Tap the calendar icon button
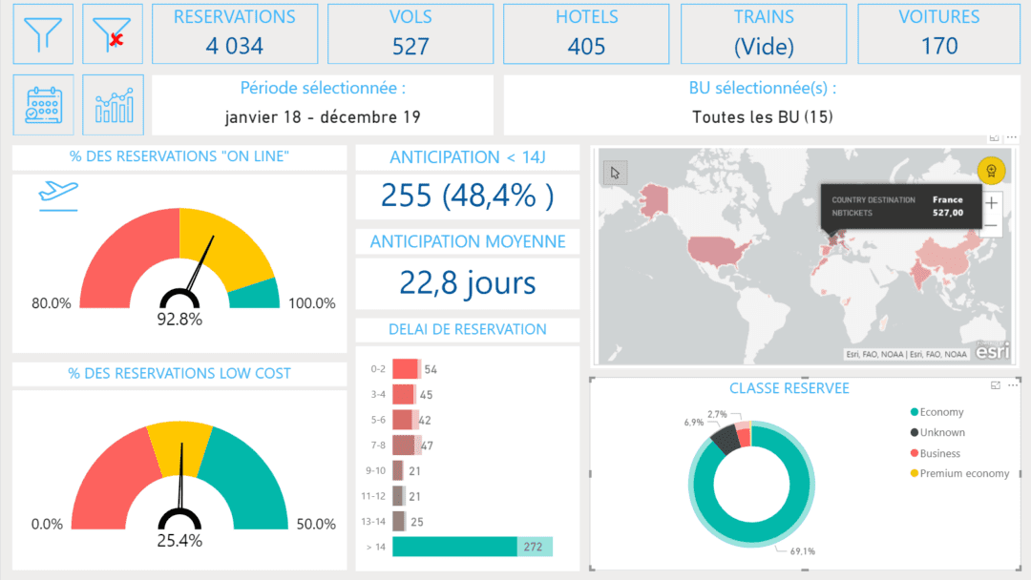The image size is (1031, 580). [43, 105]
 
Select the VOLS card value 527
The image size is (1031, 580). [410, 46]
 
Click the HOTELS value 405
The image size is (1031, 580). [586, 46]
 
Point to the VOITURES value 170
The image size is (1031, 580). [939, 46]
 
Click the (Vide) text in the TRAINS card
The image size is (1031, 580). [764, 46]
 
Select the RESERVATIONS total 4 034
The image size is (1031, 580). [235, 46]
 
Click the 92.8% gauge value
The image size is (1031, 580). [179, 320]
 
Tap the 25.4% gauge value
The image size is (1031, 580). [179, 541]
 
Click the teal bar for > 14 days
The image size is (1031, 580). [454, 547]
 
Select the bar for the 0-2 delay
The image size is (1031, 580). [405, 369]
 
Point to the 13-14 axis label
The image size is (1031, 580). [374, 522]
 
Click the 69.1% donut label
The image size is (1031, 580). [802, 550]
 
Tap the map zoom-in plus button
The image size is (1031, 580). [993, 202]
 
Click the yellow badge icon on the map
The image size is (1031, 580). [991, 172]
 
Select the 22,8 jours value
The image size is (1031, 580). [467, 282]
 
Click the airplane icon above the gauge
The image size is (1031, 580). [58, 194]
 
